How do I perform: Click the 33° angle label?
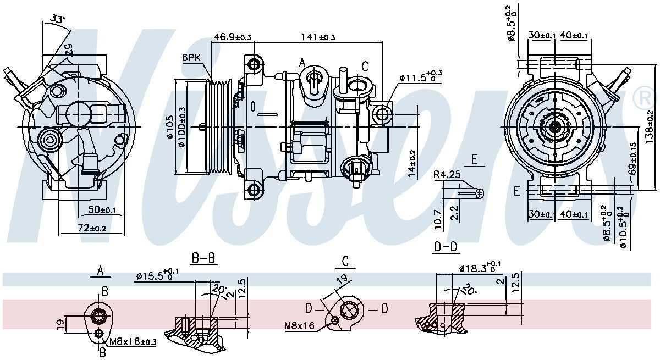click(x=57, y=19)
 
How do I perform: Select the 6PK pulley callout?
click(x=193, y=57)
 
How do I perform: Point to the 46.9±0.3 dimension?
click(x=232, y=37)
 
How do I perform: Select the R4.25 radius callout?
click(x=446, y=175)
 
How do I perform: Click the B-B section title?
click(x=203, y=258)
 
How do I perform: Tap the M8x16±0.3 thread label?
click(x=133, y=342)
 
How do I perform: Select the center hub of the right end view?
click(x=554, y=127)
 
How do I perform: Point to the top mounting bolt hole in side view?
click(x=254, y=64)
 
